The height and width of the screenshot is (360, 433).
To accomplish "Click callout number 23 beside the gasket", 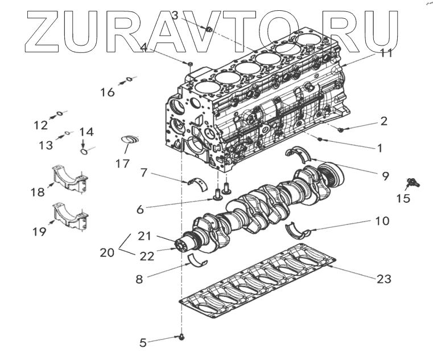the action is [x=383, y=279].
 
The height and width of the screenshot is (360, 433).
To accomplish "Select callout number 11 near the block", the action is [x=386, y=54].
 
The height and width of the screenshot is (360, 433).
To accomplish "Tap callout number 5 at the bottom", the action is [x=143, y=342].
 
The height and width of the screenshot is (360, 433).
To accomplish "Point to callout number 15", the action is [x=403, y=198].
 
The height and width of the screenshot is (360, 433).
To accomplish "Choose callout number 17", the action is [x=122, y=163].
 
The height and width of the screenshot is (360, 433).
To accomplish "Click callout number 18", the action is [x=38, y=193].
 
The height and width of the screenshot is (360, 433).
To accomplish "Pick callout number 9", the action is [x=386, y=176].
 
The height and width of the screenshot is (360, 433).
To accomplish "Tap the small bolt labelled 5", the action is [x=182, y=338].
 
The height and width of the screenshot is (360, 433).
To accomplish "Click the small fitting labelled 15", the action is [x=411, y=183].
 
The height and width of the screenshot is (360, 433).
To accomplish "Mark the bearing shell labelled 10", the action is [x=296, y=230].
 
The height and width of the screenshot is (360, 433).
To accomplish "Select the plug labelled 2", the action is [x=341, y=130].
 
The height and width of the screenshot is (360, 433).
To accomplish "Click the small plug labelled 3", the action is [x=209, y=28].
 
